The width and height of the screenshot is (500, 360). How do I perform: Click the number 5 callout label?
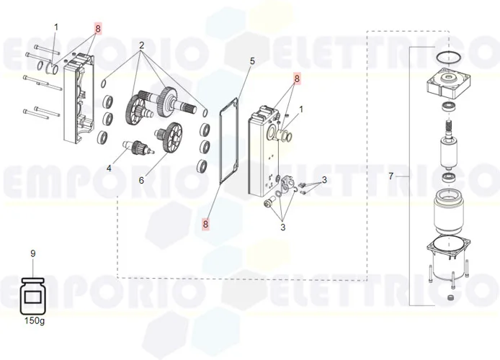click(252, 61)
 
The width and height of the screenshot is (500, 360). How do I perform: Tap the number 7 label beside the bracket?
click(391, 176)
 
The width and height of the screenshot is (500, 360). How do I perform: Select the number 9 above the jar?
click(33, 253)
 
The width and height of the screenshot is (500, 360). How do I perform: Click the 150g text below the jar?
click(35, 320)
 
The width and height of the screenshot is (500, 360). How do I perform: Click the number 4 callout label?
click(109, 168)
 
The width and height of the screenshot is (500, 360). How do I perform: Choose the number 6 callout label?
click(141, 180)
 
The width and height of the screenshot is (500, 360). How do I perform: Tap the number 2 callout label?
click(141, 45)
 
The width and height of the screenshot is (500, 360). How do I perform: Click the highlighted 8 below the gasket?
click(205, 224)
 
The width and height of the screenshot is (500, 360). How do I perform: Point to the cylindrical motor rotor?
click(448, 153)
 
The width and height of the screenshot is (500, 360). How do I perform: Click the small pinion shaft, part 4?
click(138, 147)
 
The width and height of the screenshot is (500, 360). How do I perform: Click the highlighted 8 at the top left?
click(98, 29)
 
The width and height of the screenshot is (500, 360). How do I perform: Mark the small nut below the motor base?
click(451, 297)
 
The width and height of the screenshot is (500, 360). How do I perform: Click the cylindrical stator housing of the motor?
click(448, 210)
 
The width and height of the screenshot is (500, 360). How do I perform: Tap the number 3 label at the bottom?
click(283, 228)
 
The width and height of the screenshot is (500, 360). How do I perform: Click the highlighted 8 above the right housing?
click(297, 78)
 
